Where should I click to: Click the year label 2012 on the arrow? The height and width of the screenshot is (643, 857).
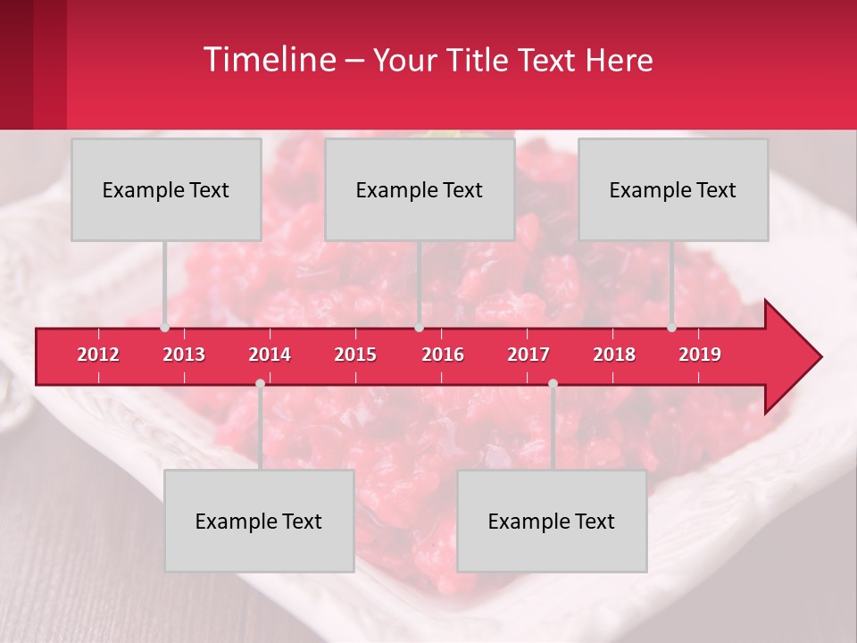click(x=98, y=355)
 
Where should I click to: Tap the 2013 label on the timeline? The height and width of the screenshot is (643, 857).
click(x=184, y=355)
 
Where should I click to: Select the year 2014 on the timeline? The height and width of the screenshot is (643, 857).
click(x=270, y=355)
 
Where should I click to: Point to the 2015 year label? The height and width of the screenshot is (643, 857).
click(x=355, y=355)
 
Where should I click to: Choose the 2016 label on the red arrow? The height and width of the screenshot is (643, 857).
click(x=443, y=355)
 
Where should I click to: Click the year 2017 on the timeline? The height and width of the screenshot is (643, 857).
click(x=528, y=355)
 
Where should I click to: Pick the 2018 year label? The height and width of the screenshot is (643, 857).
click(x=614, y=355)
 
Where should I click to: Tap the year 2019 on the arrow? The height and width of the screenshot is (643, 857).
click(x=700, y=355)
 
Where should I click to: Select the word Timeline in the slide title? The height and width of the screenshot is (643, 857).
click(x=270, y=60)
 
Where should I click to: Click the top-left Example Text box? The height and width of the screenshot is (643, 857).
click(x=166, y=189)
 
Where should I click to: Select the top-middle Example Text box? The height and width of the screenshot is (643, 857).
click(x=420, y=189)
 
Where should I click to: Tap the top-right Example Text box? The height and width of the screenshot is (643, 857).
click(x=673, y=189)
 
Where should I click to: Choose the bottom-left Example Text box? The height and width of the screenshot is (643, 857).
click(x=259, y=521)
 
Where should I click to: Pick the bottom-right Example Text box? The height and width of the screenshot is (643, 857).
click(x=552, y=521)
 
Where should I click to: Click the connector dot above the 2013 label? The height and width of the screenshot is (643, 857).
click(x=165, y=328)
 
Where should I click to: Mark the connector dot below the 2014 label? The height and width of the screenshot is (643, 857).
click(x=260, y=383)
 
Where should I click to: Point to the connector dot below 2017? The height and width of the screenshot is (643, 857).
click(x=553, y=383)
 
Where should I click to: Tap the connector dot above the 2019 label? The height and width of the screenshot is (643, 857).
click(x=672, y=328)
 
